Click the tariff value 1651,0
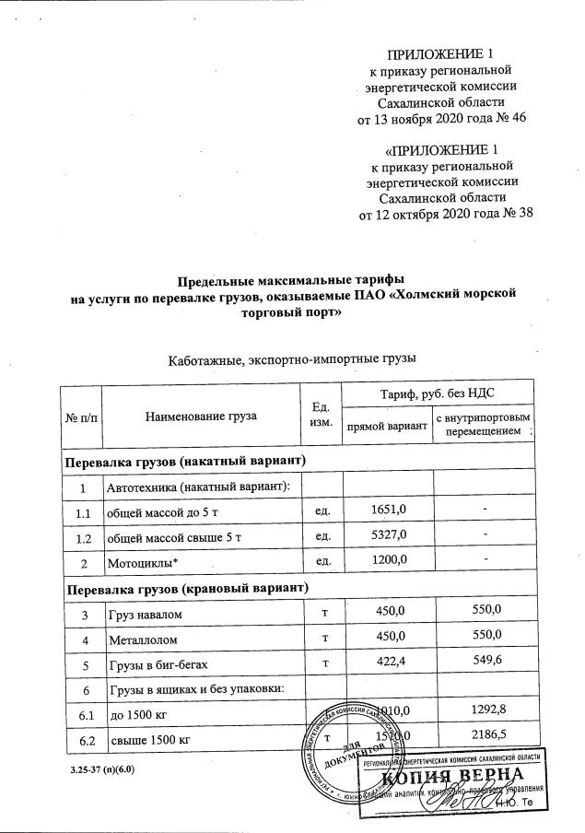pyautogui.click(x=387, y=510)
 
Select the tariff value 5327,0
pyautogui.click(x=387, y=535)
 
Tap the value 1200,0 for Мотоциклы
pyautogui.click(x=387, y=560)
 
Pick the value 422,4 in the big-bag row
pyautogui.click(x=387, y=661)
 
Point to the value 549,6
pyautogui.click(x=484, y=661)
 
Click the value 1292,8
pyautogui.click(x=484, y=712)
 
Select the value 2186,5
pyautogui.click(x=484, y=738)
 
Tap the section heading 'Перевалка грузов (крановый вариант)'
pyautogui.click(x=186, y=586)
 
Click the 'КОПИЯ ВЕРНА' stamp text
pyautogui.click(x=461, y=776)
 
